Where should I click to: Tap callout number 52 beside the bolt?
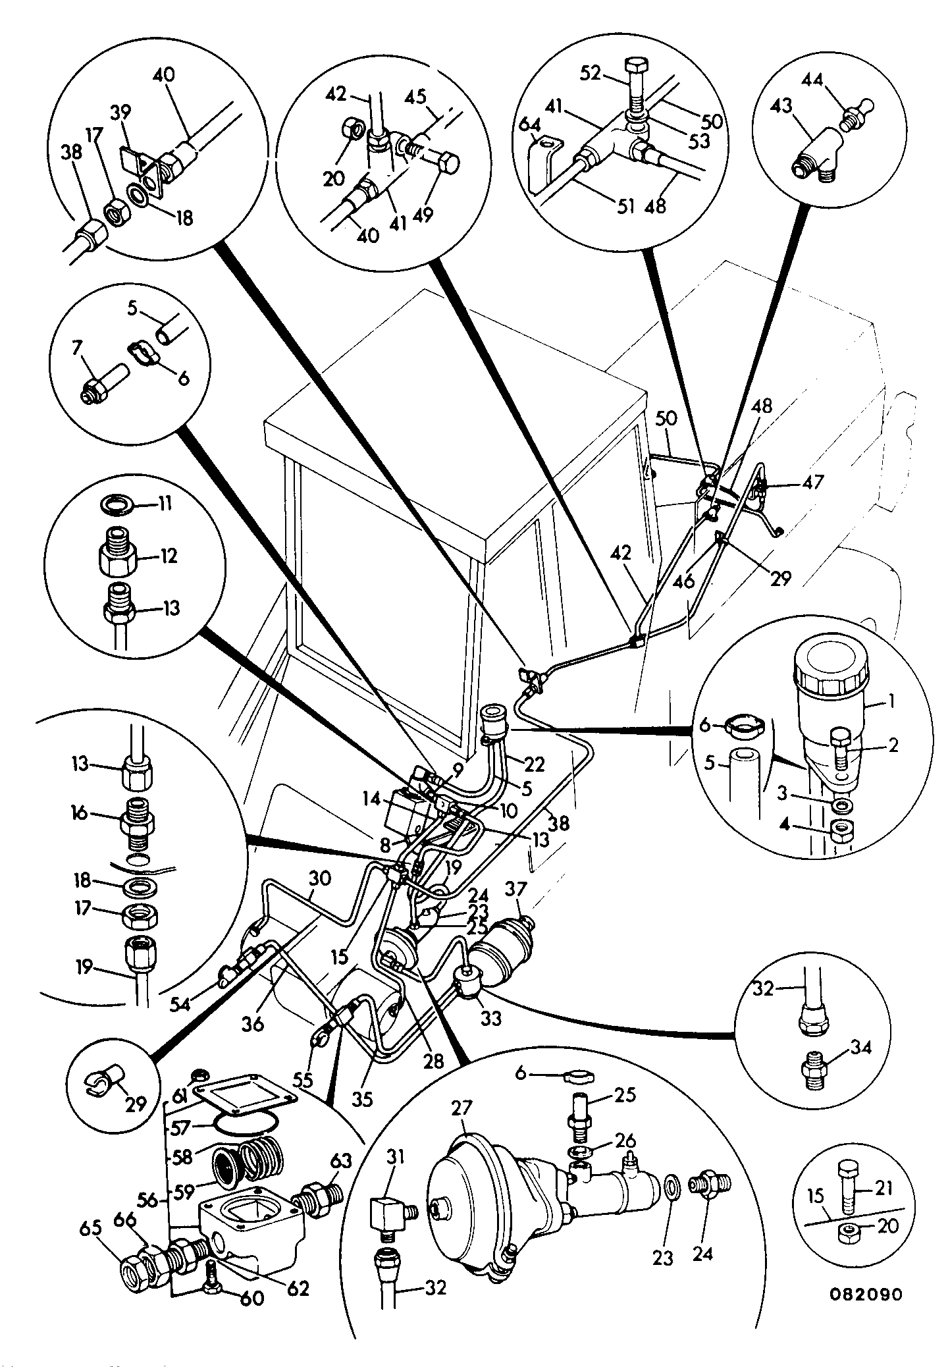point(591,74)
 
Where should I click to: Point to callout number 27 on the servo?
point(463,1109)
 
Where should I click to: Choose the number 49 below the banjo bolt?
point(423,215)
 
